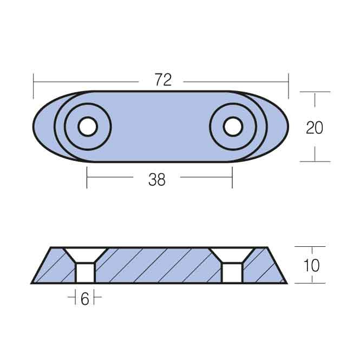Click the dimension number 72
click(x=163, y=80)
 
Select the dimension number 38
click(x=156, y=180)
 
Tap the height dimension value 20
click(x=315, y=127)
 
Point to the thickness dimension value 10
click(x=312, y=265)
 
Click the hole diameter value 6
click(x=84, y=299)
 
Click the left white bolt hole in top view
click(x=87, y=127)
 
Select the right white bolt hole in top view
click(x=233, y=127)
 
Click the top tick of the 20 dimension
click(x=315, y=92)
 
